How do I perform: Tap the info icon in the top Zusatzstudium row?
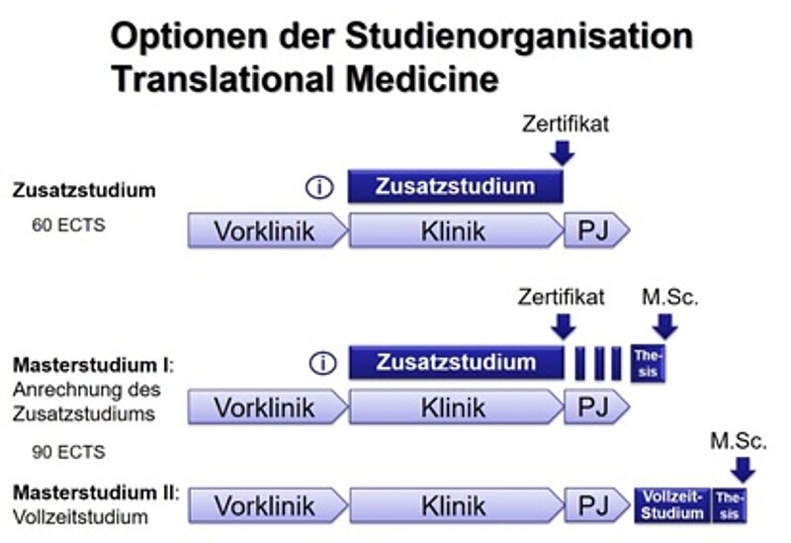(x=321, y=187)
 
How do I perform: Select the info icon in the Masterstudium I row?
(x=321, y=363)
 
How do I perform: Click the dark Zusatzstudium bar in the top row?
(x=455, y=186)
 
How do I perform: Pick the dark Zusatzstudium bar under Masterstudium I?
(x=455, y=362)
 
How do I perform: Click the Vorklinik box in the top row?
(x=266, y=231)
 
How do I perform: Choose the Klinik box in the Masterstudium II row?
(x=454, y=506)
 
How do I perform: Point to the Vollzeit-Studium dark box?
(x=672, y=505)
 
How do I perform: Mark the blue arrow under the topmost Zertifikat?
(x=563, y=152)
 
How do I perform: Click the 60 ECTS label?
(x=69, y=225)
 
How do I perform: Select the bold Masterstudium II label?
(x=95, y=491)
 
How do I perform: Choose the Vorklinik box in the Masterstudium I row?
(x=266, y=407)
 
